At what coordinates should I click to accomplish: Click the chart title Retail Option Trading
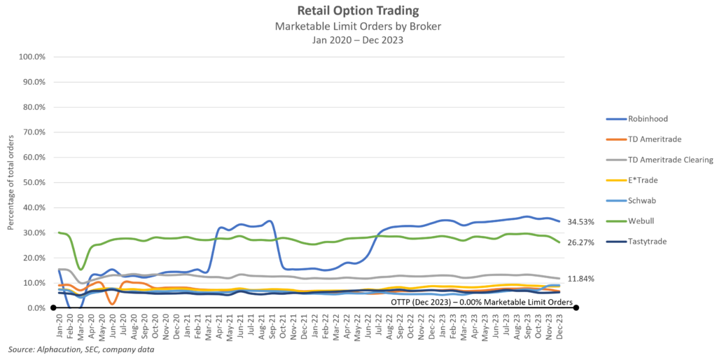[x=358, y=11]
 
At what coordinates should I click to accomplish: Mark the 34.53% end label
[x=581, y=222]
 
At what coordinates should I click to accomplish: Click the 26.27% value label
[x=581, y=243]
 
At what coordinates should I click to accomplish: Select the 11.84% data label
[x=581, y=279]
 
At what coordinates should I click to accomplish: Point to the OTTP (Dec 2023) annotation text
[x=482, y=302]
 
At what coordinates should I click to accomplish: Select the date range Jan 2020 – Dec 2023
[x=358, y=39]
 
